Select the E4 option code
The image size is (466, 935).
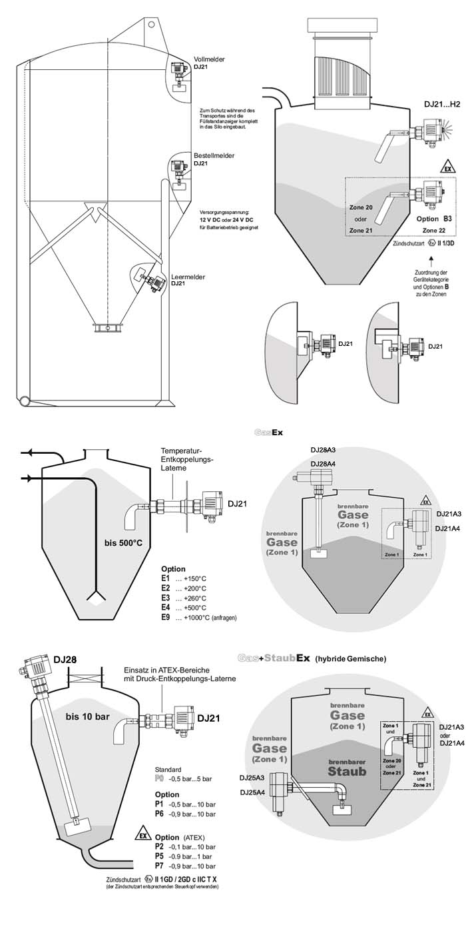pos(166,608)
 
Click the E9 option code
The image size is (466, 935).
pos(166,618)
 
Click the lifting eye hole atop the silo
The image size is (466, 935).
pos(152,26)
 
